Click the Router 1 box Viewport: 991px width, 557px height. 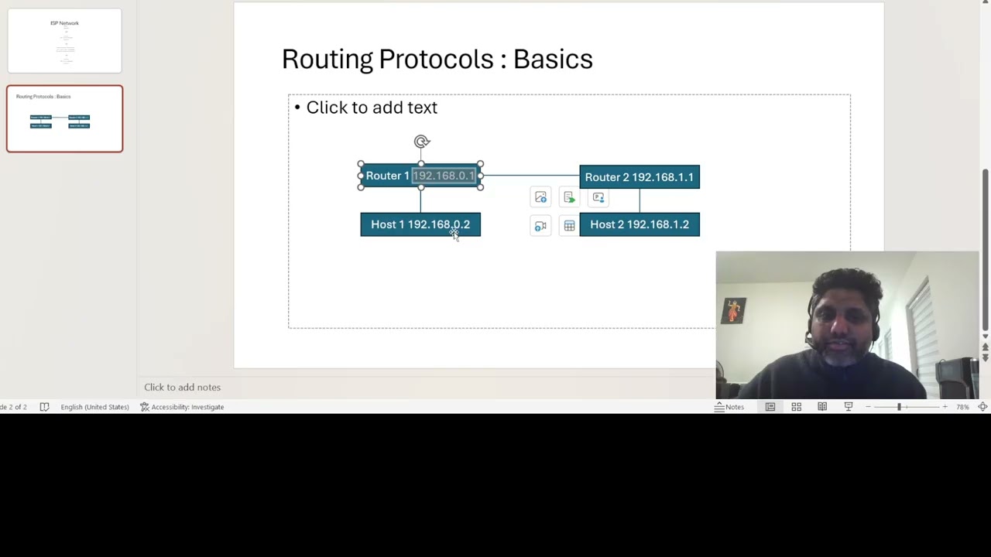click(x=386, y=176)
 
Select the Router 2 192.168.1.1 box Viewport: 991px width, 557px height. click(x=639, y=177)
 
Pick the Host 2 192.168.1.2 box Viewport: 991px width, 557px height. click(x=639, y=224)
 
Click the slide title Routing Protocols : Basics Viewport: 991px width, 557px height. click(x=437, y=60)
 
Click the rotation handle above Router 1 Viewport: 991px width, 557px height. click(x=421, y=142)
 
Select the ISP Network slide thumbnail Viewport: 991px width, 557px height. click(x=64, y=41)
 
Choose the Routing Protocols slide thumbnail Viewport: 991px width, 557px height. click(x=64, y=118)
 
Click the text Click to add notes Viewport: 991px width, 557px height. click(x=182, y=387)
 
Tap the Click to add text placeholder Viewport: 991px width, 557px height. click(x=372, y=108)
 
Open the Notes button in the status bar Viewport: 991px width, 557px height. click(x=729, y=407)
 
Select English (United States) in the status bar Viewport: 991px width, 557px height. click(x=94, y=407)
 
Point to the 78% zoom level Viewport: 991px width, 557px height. click(x=962, y=407)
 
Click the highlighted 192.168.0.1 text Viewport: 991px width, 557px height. click(x=443, y=176)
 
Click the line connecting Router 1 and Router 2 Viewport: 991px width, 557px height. click(x=530, y=176)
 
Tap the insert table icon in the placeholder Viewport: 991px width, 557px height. click(x=569, y=226)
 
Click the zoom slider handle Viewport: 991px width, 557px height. click(x=899, y=407)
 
